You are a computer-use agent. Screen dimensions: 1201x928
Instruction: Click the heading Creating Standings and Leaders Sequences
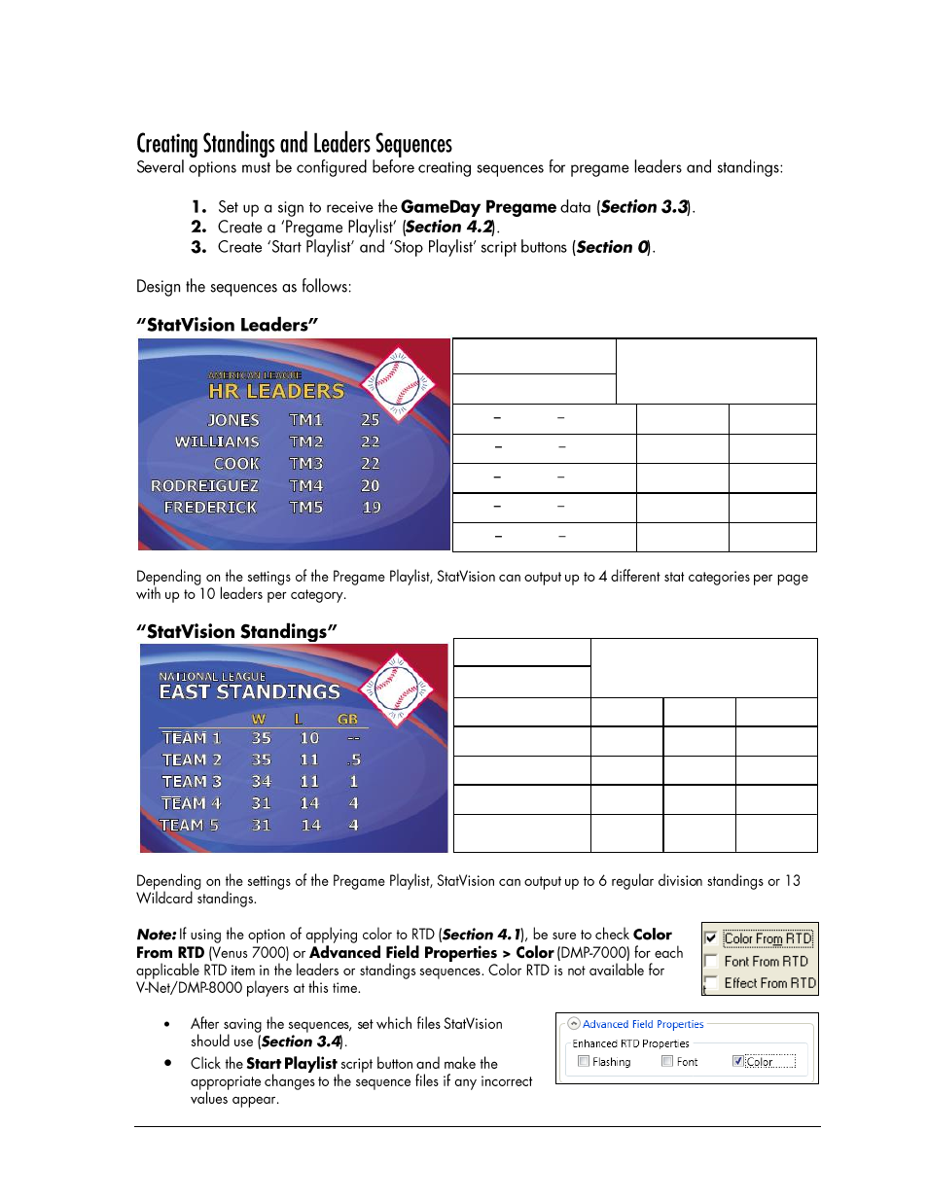294,144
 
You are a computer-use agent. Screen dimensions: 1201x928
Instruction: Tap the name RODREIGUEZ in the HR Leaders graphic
204,485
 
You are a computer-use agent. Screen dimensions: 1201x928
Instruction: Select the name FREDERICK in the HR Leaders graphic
210,507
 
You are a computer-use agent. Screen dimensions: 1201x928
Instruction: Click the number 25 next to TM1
370,420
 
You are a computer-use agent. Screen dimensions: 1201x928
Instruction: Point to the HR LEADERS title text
276,391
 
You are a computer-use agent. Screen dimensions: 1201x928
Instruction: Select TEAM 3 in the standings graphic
192,781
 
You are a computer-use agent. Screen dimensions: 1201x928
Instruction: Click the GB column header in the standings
347,719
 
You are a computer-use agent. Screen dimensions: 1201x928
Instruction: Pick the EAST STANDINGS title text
250,691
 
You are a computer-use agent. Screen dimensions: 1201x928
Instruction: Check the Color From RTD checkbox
711,938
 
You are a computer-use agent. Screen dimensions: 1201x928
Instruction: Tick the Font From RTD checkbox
711,961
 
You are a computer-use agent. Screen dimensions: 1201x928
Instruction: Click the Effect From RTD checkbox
711,983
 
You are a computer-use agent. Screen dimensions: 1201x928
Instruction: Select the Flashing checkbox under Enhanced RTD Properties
584,1061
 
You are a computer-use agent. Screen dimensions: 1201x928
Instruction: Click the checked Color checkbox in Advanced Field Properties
738,1061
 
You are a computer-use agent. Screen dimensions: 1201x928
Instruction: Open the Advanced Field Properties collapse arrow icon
574,1024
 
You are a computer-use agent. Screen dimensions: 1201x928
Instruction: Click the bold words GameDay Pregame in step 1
478,207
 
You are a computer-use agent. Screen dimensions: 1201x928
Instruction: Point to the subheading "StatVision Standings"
236,631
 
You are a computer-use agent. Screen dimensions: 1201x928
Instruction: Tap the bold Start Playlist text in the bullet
291,1064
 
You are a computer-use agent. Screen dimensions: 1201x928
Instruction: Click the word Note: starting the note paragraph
156,935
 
